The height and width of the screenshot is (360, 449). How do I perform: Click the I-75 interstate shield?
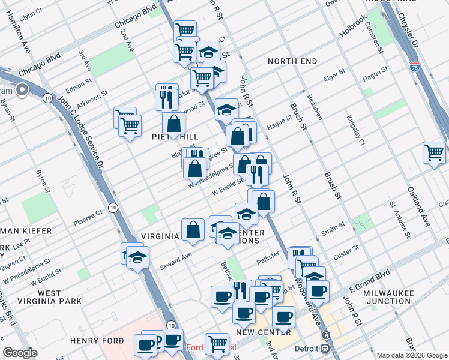coord(414,67)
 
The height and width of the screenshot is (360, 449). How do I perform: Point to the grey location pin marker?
coord(22,91)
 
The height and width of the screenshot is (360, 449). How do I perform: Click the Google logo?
coord(20,353)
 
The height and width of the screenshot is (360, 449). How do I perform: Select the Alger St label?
coord(334,76)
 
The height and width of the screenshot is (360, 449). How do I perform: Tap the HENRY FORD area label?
coord(97,341)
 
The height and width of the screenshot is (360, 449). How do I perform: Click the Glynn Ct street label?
coord(31,11)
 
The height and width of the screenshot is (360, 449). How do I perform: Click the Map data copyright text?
coord(412,355)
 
